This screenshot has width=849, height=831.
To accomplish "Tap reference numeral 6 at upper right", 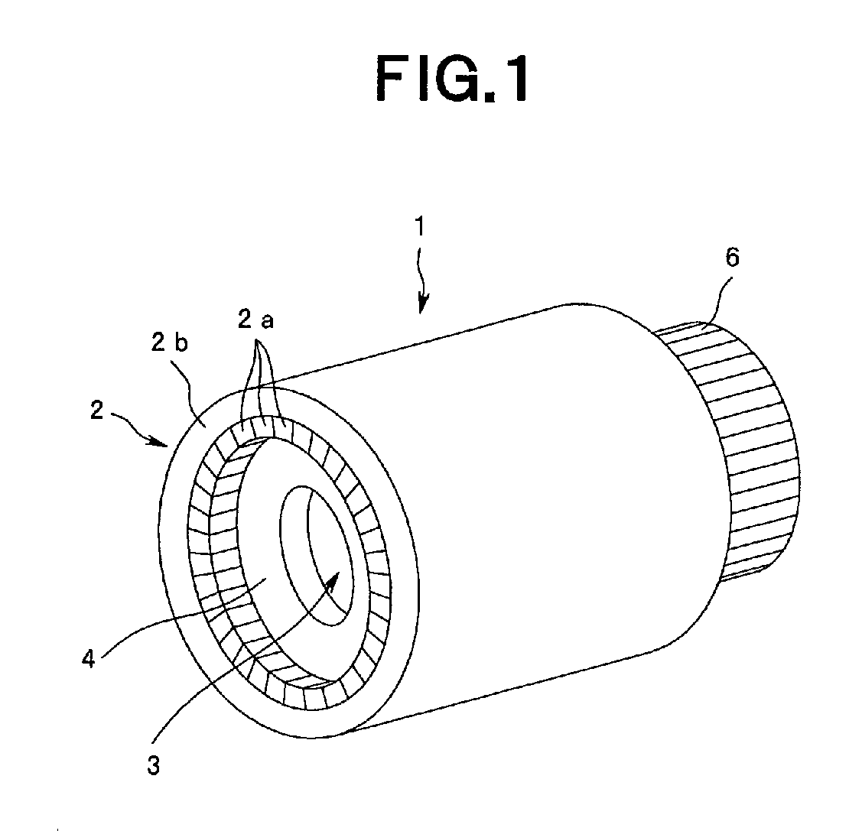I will (x=732, y=258).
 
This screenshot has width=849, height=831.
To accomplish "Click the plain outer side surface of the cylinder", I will (x=535, y=474).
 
